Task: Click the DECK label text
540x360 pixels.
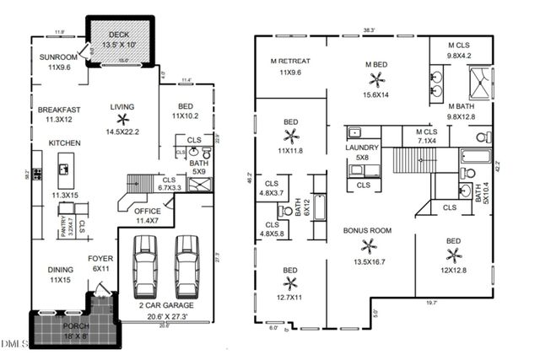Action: pos(118,35)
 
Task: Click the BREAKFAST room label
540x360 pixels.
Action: pos(59,110)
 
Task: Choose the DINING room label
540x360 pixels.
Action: pos(60,270)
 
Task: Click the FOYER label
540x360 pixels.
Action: pos(101,258)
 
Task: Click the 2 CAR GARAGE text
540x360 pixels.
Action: pos(165,305)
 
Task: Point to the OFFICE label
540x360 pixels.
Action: pos(148,211)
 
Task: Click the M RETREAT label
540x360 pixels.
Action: pos(290,62)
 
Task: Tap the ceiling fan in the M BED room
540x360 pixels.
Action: pos(375,79)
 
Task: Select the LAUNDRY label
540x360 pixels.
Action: pos(362,148)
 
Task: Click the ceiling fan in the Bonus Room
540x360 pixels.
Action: pos(368,246)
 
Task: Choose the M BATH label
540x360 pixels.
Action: pos(464,106)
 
